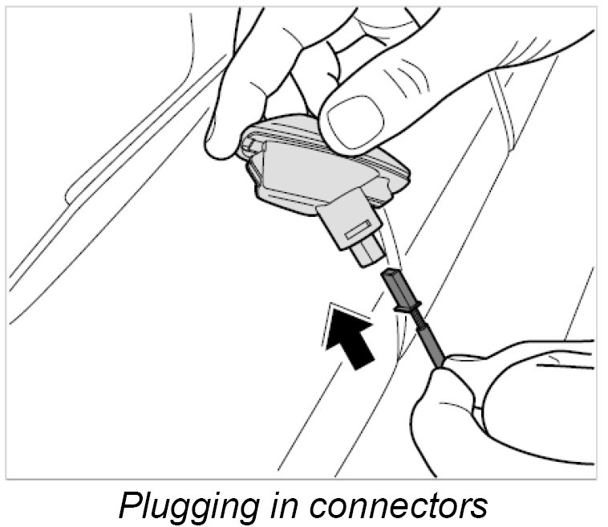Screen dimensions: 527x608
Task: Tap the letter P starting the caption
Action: click(x=129, y=504)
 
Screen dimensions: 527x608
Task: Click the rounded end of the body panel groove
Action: click(x=71, y=193)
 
